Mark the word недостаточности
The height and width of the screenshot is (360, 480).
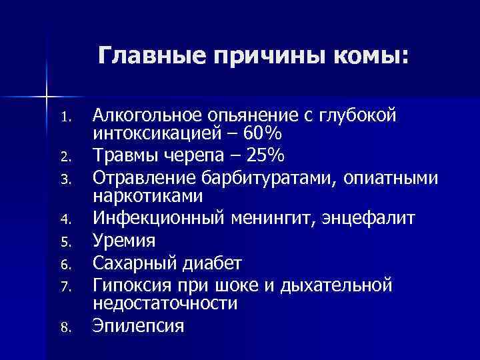click(x=165, y=303)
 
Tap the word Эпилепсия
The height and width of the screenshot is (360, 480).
click(x=138, y=326)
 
